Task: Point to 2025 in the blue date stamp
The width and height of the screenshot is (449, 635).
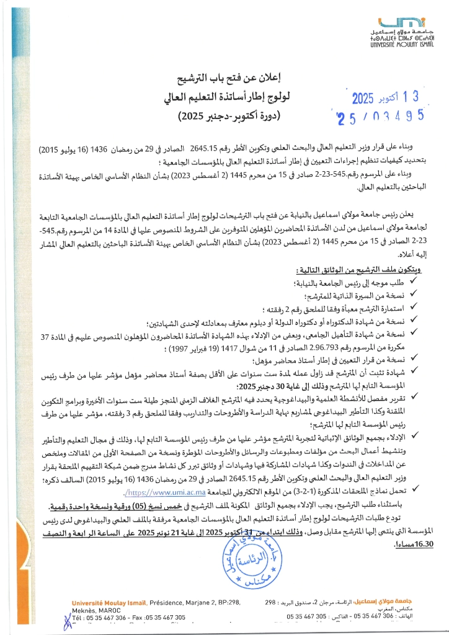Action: (369, 97)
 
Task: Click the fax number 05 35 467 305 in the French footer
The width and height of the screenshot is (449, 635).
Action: (166, 618)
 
